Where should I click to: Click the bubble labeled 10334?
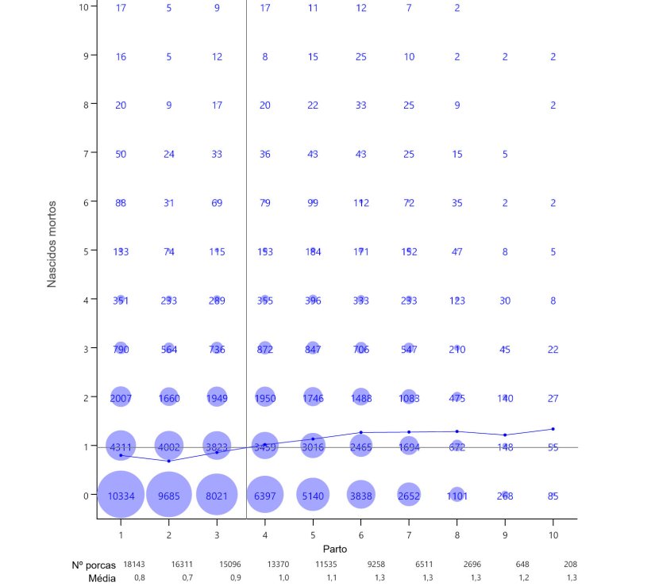pyautogui.click(x=121, y=496)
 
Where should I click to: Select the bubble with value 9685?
pyautogui.click(x=168, y=496)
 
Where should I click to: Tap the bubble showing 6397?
pyautogui.click(x=265, y=496)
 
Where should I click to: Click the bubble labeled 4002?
pyautogui.click(x=168, y=446)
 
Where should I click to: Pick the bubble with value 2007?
pyautogui.click(x=121, y=397)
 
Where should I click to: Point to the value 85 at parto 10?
pyautogui.click(x=553, y=496)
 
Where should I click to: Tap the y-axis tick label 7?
pyautogui.click(x=86, y=153)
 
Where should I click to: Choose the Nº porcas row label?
pyautogui.click(x=94, y=565)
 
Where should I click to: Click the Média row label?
pyautogui.click(x=102, y=579)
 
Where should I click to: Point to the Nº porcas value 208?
pyautogui.click(x=570, y=565)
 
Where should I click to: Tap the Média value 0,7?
pyautogui.click(x=187, y=578)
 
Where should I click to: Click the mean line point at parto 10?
pyautogui.click(x=553, y=429)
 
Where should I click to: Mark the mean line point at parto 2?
pyautogui.click(x=168, y=461)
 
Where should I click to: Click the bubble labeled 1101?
pyautogui.click(x=456, y=496)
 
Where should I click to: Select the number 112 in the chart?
pyautogui.click(x=361, y=203)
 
